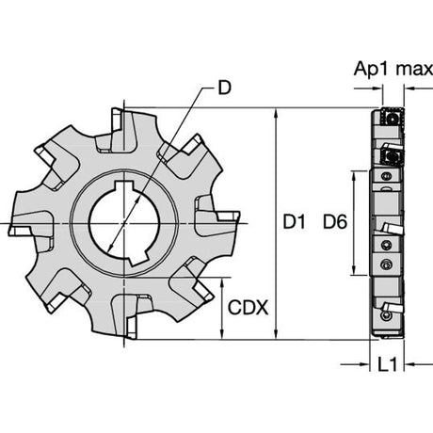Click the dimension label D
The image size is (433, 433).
pyautogui.click(x=224, y=88)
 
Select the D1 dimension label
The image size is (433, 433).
pyautogui.click(x=294, y=222)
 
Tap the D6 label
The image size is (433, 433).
pyautogui.click(x=335, y=222)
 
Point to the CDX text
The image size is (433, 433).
pyautogui.click(x=248, y=308)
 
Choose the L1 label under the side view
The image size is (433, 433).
pyautogui.click(x=387, y=364)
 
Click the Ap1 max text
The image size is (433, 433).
pyautogui.click(x=393, y=69)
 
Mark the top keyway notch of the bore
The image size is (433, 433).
pyautogui.click(x=125, y=186)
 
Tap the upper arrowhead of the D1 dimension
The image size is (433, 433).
pyautogui.click(x=276, y=113)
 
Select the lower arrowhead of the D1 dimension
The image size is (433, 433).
pyautogui.click(x=276, y=334)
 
